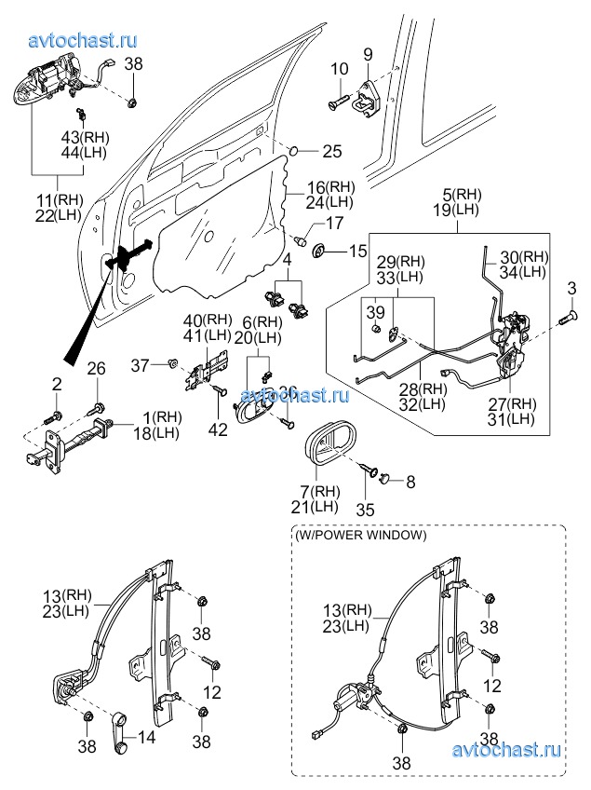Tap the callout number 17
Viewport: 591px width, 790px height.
click(334, 224)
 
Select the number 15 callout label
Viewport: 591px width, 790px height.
click(358, 251)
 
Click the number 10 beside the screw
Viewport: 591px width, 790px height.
click(339, 68)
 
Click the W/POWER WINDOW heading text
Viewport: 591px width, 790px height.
click(360, 536)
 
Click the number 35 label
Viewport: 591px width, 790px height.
click(367, 510)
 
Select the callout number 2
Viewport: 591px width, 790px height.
click(56, 383)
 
